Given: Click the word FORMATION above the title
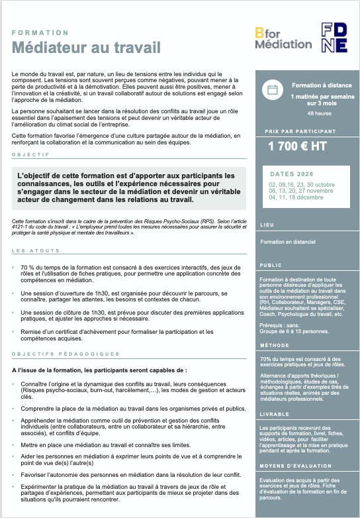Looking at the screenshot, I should [40, 32].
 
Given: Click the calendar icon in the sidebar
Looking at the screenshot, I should [272, 91].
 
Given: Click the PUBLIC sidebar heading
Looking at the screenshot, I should [271, 264].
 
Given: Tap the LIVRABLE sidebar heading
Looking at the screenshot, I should [274, 414].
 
